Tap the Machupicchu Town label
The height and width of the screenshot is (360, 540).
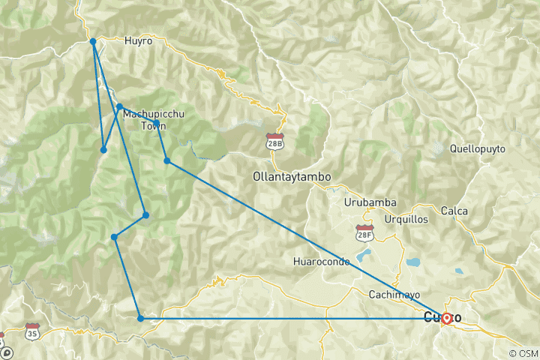click(x=153, y=120)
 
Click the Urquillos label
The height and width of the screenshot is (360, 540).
click(x=406, y=219)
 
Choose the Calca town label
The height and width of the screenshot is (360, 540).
click(x=455, y=211)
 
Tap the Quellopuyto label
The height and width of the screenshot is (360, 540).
click(x=477, y=148)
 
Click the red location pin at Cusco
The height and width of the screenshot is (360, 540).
click(x=446, y=318)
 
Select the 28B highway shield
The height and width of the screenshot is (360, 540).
click(x=275, y=140)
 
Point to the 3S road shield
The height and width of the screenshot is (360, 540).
click(x=31, y=331)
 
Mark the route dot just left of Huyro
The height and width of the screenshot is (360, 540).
click(x=92, y=41)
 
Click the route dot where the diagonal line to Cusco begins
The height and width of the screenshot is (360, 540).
click(x=166, y=160)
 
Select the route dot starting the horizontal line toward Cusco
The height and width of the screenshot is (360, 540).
click(x=140, y=319)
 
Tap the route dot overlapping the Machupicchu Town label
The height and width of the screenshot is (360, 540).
click(x=156, y=122)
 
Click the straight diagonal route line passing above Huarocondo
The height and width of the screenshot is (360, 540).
click(x=300, y=237)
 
